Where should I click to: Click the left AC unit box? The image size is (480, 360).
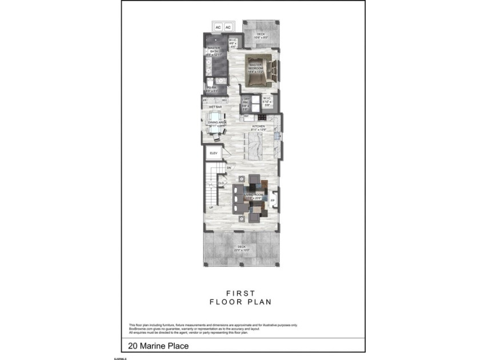(x=218, y=27)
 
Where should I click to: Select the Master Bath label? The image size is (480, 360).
(x=214, y=50)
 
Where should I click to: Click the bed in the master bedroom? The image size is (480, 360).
(x=264, y=69)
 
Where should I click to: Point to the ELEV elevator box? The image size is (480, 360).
(x=214, y=153)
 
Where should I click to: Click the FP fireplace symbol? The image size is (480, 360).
(x=273, y=201)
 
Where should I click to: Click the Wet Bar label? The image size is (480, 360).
(x=215, y=107)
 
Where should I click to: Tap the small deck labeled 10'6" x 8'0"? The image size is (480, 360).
(x=261, y=35)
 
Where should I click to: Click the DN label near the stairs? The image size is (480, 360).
(x=229, y=168)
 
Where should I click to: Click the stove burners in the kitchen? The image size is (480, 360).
(x=277, y=137)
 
